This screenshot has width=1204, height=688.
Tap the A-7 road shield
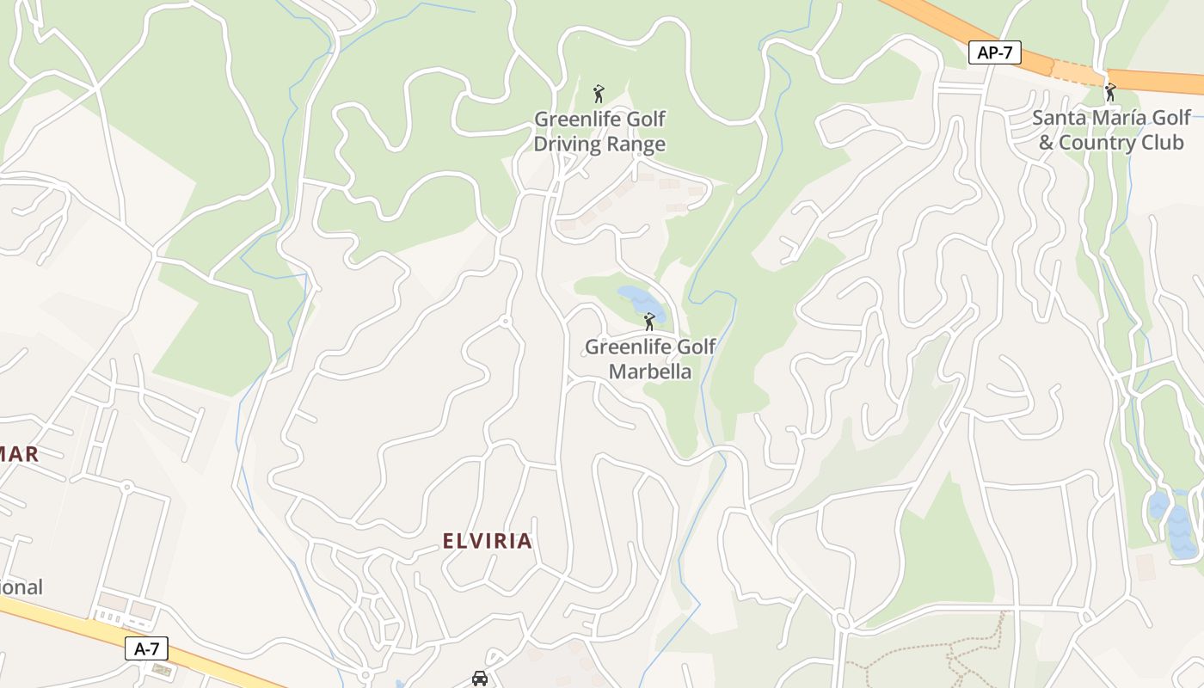(x=147, y=648)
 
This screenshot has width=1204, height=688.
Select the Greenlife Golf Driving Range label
(x=599, y=131)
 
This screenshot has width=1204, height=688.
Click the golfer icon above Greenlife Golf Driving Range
(x=599, y=93)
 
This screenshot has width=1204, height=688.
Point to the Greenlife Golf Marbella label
(x=650, y=359)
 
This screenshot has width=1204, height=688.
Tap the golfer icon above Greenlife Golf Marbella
(x=649, y=322)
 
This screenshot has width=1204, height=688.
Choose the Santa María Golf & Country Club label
(x=1111, y=129)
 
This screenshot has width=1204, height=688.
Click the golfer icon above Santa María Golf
(x=1110, y=91)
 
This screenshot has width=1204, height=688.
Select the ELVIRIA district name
(x=488, y=541)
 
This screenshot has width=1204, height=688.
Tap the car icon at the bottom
(x=480, y=678)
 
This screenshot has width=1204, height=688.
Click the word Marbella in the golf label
(x=650, y=372)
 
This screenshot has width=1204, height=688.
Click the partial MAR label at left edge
(x=19, y=453)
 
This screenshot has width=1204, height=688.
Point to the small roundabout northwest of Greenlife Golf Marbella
(x=506, y=322)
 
